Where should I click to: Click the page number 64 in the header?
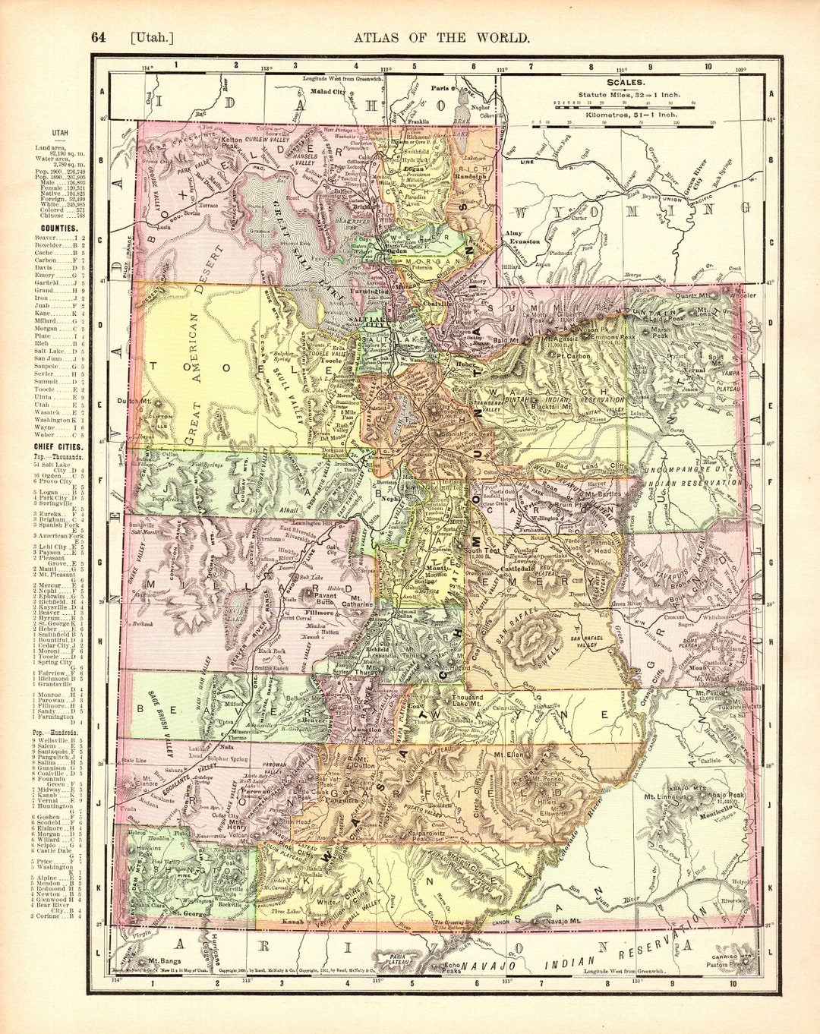coord(99,38)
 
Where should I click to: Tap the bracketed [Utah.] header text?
coord(152,38)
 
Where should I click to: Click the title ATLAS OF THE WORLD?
coord(441,38)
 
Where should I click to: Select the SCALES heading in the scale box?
coord(625,82)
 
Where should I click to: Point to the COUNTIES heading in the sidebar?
coord(59,228)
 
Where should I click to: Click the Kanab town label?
coord(292,922)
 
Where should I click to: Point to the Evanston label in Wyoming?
coord(525,241)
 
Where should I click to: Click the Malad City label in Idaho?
coord(327,92)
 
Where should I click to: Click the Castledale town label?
coord(497,568)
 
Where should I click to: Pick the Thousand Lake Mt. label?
coord(467,701)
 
